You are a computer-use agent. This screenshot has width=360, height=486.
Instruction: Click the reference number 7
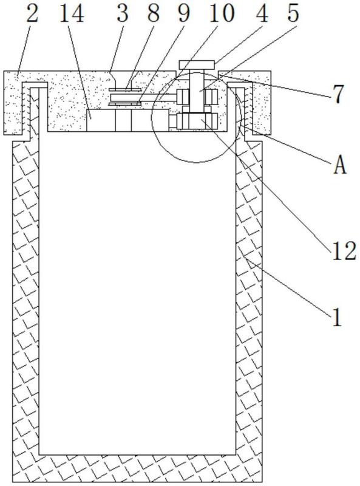click(339, 94)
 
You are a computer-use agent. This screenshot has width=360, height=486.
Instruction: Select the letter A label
click(340, 165)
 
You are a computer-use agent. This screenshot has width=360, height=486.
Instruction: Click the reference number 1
click(337, 317)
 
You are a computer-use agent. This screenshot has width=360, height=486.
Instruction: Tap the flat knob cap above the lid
click(197, 65)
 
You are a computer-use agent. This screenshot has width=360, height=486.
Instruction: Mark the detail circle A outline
click(152, 118)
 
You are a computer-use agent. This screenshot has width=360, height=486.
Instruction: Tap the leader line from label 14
click(79, 70)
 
